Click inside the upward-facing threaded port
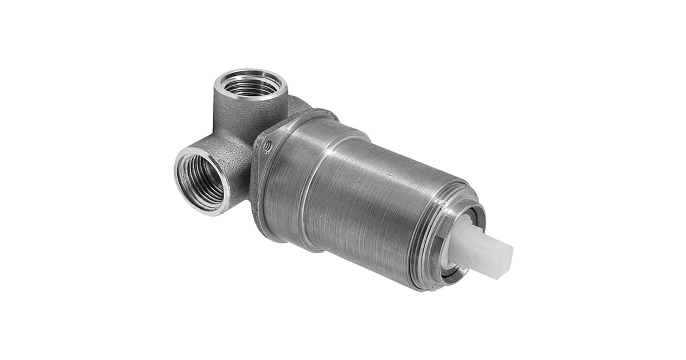click(250, 87)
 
